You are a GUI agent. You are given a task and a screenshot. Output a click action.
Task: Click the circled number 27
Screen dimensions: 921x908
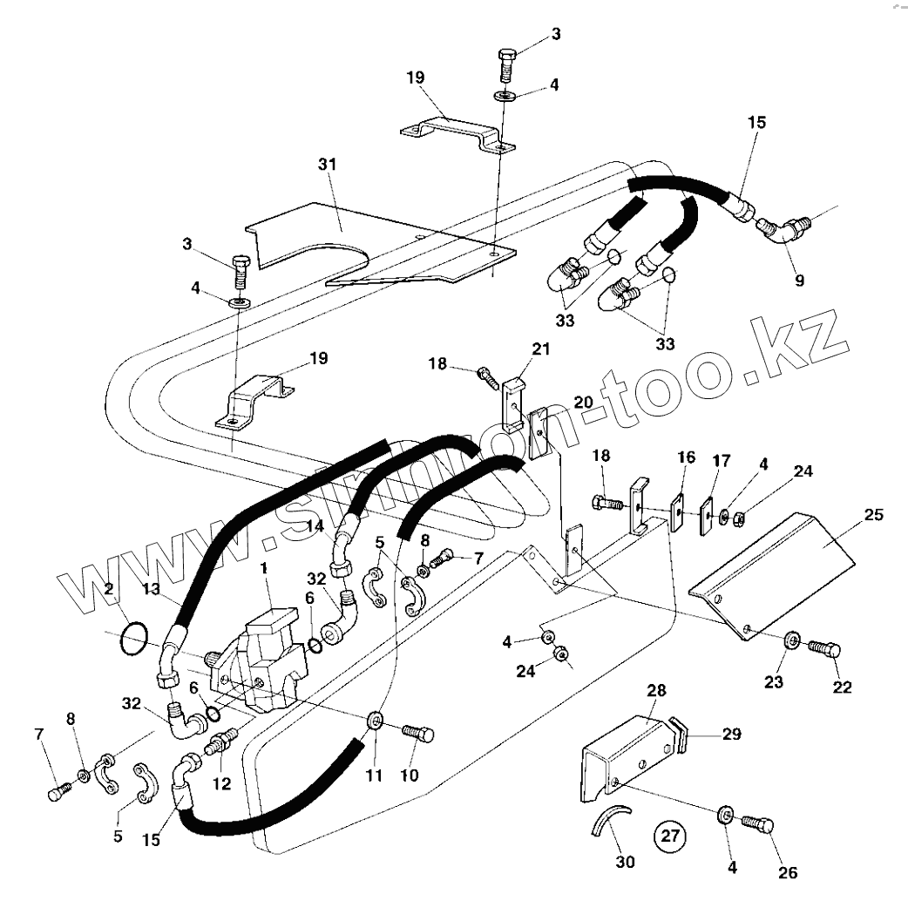point(669,836)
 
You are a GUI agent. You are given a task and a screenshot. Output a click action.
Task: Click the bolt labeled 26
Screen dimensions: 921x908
point(758,823)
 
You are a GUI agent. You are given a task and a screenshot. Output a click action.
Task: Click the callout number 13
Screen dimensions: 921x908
point(151,590)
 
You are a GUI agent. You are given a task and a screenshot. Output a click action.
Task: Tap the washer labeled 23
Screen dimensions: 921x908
point(791,640)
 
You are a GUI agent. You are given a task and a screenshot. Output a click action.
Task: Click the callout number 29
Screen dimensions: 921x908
point(731,735)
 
